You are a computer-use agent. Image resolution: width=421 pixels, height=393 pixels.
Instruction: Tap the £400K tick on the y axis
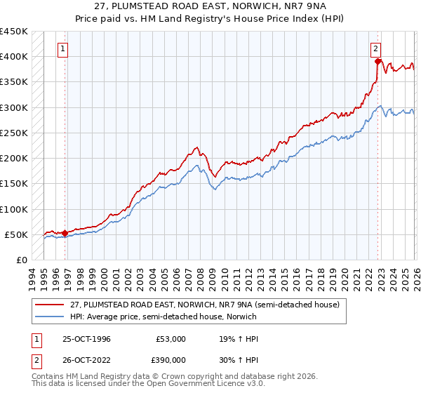pos(14,57)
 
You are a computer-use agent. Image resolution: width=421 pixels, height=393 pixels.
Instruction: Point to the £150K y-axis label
pos(14,184)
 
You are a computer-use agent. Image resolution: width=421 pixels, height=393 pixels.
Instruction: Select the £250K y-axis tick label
pos(14,133)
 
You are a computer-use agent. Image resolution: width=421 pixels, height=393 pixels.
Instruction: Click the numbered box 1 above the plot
pos(64,49)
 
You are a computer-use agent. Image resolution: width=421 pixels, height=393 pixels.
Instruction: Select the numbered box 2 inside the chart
pos(375,49)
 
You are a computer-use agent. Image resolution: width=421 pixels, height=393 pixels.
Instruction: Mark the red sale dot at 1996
pos(65,233)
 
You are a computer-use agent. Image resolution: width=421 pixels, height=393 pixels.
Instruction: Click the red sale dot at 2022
pos(377,61)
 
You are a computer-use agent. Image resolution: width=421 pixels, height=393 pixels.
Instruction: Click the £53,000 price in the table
pos(171,338)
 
